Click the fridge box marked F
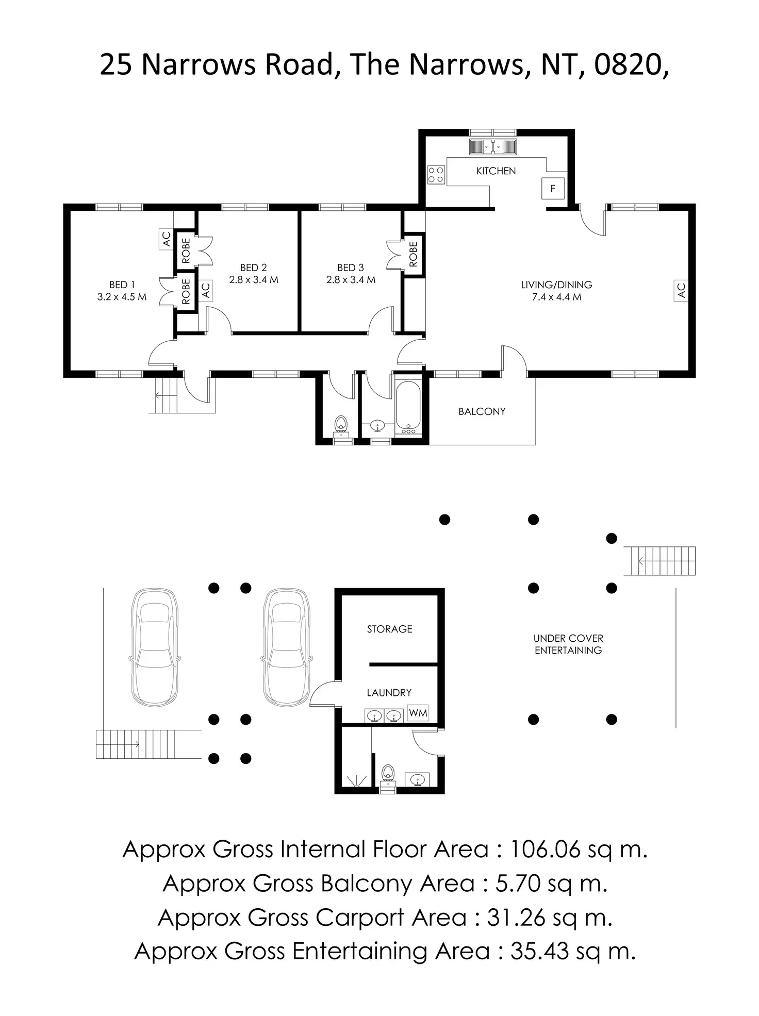(553, 189)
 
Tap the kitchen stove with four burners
(436, 174)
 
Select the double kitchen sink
(492, 147)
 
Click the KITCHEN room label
(496, 171)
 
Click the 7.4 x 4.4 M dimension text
(556, 297)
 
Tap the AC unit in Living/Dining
(681, 290)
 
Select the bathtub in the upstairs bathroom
(408, 407)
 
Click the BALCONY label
(482, 411)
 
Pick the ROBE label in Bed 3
(413, 255)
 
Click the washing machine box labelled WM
(418, 713)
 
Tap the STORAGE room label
(389, 629)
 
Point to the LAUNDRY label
(389, 693)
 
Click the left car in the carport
(155, 647)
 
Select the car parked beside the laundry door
(287, 647)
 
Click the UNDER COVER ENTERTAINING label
(568, 644)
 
